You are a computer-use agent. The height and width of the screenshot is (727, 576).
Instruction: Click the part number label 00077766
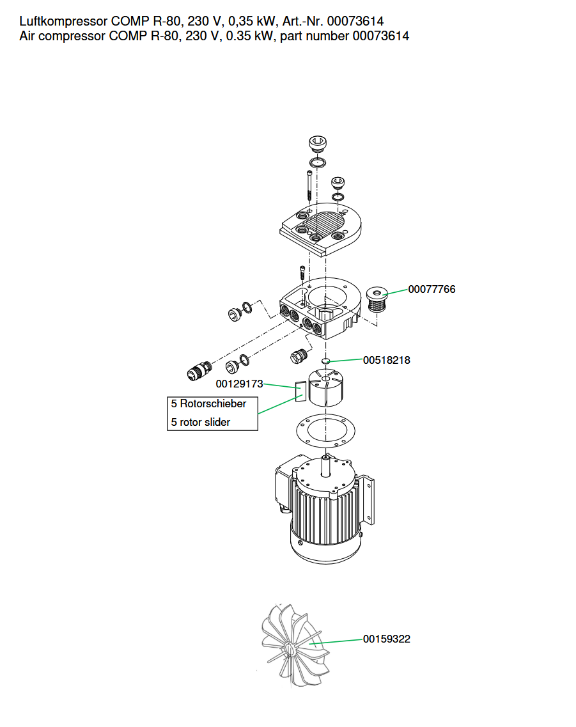click(432, 290)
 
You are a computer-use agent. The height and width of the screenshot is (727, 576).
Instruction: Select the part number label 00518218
click(386, 360)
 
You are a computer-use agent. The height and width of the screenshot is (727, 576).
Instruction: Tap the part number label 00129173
click(239, 384)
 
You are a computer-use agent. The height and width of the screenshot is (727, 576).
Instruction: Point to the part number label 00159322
click(386, 639)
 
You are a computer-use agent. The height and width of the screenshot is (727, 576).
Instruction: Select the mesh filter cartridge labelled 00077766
click(377, 301)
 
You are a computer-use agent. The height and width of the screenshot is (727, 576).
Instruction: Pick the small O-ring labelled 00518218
click(326, 361)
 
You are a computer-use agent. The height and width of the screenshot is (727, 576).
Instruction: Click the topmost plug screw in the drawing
click(318, 143)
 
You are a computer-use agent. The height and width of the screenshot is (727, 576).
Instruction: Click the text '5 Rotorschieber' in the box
click(208, 404)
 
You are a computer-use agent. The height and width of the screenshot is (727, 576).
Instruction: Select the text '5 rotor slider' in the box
click(201, 422)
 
